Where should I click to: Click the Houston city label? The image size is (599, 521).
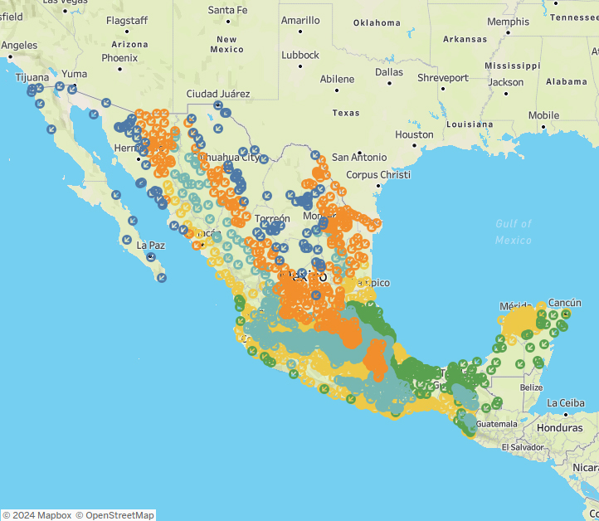tap(414, 134)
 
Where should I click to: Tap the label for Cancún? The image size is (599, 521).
tap(564, 302)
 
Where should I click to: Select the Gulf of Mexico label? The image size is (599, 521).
tap(514, 231)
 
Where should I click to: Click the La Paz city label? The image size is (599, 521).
tap(151, 246)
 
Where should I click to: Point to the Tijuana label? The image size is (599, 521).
tap(32, 76)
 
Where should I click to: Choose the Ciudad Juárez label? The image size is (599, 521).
tap(218, 94)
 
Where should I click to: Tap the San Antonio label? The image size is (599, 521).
tap(358, 157)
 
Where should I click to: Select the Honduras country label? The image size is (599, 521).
tap(559, 427)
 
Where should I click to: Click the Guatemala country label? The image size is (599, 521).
tap(498, 423)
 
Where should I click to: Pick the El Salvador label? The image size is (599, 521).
tap(523, 447)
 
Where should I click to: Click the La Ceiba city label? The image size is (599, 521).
tap(570, 403)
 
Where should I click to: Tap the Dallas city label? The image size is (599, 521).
tap(388, 72)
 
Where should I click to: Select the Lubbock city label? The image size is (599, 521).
tap(299, 55)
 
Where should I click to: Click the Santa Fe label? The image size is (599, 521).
tap(227, 10)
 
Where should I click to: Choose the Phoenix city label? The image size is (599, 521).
tap(119, 58)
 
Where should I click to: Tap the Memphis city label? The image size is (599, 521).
tap(508, 22)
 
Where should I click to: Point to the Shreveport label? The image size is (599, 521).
tap(442, 78)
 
